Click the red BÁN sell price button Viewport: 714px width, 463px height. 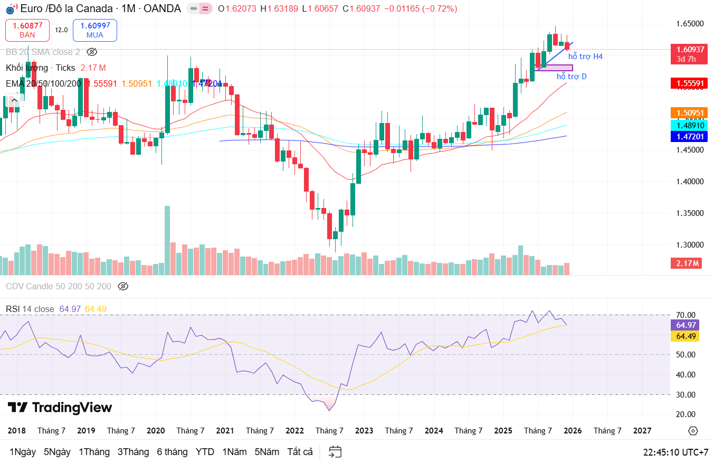point(27,30)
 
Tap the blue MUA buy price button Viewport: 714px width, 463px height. point(95,30)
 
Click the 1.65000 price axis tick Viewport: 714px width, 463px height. point(690,24)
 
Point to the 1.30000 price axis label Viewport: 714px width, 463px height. point(690,245)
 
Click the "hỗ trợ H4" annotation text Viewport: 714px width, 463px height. point(585,56)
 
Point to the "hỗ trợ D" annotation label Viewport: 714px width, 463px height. point(572,77)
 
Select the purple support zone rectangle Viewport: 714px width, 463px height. point(555,68)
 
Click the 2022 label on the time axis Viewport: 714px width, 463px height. point(294,431)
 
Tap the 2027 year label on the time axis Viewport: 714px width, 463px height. point(642,431)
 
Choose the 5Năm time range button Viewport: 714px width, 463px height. point(266,452)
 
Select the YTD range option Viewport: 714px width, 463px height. point(205,452)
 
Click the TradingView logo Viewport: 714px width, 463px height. point(60,408)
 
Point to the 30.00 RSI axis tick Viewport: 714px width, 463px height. point(686,394)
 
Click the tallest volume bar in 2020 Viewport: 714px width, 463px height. point(167,240)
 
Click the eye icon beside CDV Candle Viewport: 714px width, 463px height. point(123,286)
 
